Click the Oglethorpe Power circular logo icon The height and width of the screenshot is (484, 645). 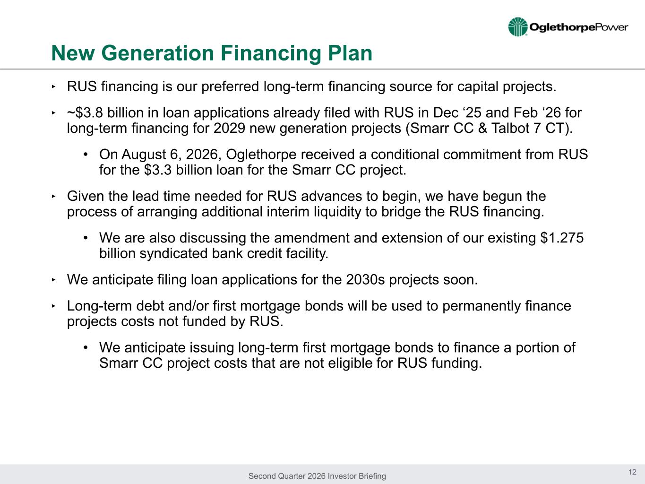(518, 27)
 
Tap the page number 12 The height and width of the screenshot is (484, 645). (632, 472)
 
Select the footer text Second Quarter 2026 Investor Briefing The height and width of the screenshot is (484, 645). (317, 476)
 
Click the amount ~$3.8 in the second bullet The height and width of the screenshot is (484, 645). (85, 112)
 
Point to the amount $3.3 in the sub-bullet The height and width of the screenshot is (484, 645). (158, 170)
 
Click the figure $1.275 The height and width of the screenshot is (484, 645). (562, 238)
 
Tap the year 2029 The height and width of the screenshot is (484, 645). (229, 128)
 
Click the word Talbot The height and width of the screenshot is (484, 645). (510, 128)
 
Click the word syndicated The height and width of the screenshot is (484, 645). (174, 253)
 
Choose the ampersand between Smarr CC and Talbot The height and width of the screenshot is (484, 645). (482, 128)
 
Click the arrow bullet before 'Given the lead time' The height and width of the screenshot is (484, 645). (53, 196)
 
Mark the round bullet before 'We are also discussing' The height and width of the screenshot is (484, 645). (86, 238)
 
